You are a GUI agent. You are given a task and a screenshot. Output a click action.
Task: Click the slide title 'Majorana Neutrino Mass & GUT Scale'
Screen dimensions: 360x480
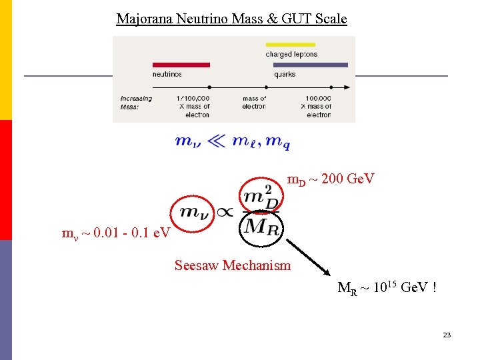[231, 19]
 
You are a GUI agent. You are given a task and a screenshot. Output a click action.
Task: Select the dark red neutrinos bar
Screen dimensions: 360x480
[181, 65]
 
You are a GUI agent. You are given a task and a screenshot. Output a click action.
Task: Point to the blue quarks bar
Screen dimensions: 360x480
[311, 65]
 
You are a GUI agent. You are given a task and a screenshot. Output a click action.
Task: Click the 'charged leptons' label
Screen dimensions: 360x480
[291, 54]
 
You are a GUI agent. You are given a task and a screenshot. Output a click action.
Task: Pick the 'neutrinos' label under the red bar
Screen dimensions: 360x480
[167, 75]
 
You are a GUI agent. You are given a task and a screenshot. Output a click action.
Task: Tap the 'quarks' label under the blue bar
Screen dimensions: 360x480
[285, 75]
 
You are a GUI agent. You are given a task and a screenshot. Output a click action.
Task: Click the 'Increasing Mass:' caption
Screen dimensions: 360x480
[136, 103]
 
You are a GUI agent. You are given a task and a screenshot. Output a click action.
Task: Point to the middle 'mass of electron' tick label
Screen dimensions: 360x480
[254, 103]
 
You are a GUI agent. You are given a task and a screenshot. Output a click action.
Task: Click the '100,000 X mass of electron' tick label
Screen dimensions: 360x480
[318, 106]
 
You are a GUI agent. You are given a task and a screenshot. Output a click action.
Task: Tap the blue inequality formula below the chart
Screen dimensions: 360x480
[232, 141]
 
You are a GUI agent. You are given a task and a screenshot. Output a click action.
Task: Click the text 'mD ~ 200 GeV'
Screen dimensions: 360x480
[331, 179]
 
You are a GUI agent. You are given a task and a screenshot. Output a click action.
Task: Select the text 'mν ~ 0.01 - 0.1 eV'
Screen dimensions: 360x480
[116, 234]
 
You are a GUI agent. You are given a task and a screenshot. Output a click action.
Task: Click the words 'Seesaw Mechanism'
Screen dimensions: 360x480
[233, 265]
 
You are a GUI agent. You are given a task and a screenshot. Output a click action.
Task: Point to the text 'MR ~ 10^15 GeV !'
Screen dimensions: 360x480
[387, 288]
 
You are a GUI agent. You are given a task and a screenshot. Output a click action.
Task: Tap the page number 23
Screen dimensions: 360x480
[447, 335]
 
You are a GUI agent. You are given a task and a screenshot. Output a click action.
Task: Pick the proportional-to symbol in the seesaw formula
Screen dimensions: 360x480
[225, 212]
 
